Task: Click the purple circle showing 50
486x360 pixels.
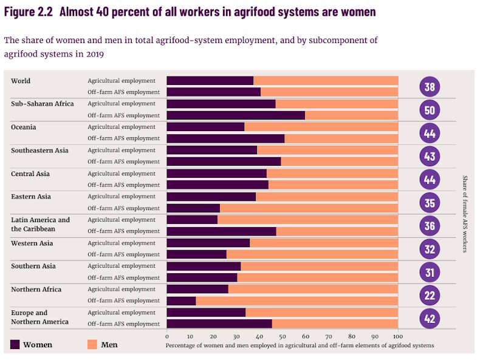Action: click(430, 110)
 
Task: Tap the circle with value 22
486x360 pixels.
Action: click(430, 296)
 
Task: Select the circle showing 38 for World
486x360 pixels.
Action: click(430, 87)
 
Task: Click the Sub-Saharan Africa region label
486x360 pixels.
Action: click(42, 104)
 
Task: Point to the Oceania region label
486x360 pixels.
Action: click(24, 127)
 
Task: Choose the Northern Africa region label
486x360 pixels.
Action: click(36, 290)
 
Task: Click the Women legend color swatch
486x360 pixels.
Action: click(15, 345)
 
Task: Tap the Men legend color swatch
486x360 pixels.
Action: click(92, 345)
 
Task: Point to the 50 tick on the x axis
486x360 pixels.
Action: click(282, 336)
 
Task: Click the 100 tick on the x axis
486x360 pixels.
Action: click(397, 336)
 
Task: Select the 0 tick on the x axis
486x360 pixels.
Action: click(167, 336)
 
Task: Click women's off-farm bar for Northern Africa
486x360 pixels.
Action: click(181, 301)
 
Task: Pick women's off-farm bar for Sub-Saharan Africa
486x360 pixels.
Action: click(236, 115)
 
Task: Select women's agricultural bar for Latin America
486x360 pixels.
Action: click(192, 220)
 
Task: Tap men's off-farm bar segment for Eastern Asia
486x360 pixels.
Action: click(309, 208)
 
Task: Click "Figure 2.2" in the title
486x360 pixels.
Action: click(28, 12)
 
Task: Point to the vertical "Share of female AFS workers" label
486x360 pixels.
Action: click(465, 214)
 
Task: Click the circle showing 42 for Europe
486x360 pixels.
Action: click(430, 319)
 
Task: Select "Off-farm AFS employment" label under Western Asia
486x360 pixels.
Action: click(123, 254)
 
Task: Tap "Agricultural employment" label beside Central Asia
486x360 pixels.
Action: click(122, 174)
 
